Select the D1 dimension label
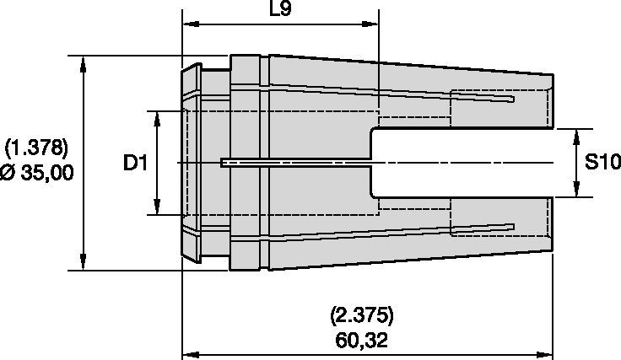135,163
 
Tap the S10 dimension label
602,163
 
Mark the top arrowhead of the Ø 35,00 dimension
84,62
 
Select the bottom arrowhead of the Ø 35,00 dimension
84,264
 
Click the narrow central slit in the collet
295,163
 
